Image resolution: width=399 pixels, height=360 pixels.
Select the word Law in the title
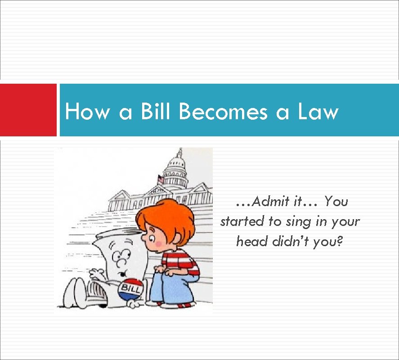(318, 111)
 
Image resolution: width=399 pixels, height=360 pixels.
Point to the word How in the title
(87, 111)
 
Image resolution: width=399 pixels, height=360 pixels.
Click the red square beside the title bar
(28, 110)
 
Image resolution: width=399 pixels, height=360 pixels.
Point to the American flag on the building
(161, 180)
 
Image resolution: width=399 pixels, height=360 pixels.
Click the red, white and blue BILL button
(130, 289)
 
